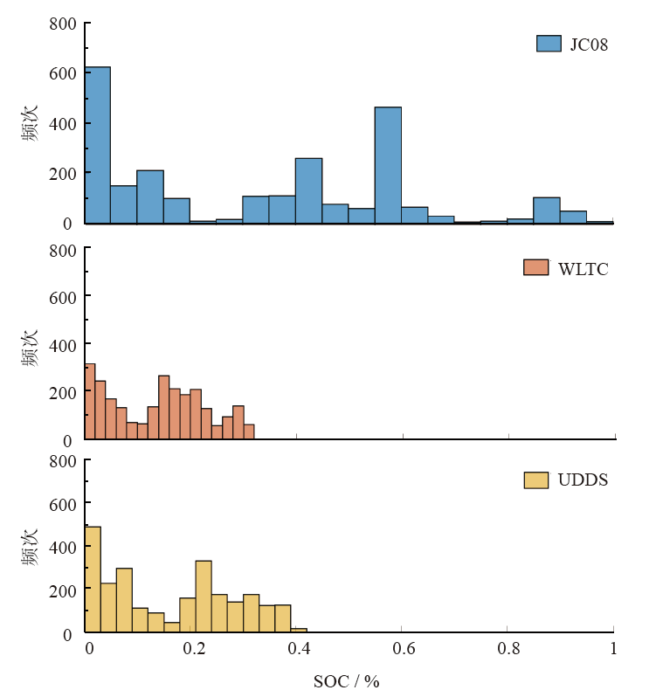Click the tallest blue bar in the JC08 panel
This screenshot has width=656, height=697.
click(x=98, y=145)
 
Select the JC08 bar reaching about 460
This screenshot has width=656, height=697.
click(x=388, y=165)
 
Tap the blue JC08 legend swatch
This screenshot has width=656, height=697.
click(x=548, y=44)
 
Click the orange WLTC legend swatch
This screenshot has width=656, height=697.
click(x=535, y=268)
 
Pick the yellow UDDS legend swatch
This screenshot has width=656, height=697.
click(x=535, y=480)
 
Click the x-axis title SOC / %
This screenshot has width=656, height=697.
click(x=346, y=681)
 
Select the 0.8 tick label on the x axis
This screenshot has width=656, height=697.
click(x=508, y=649)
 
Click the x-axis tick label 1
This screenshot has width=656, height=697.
click(x=613, y=649)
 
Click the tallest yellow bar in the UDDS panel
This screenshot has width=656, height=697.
click(x=93, y=579)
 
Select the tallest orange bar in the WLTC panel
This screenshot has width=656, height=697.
click(x=90, y=402)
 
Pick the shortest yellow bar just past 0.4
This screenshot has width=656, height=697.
click(x=299, y=630)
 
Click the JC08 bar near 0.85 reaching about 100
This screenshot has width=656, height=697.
click(x=546, y=210)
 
